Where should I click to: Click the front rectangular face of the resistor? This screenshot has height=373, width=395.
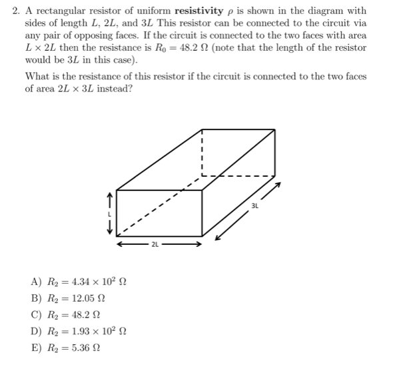point(159,213)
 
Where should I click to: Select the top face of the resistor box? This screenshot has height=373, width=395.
point(193,160)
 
